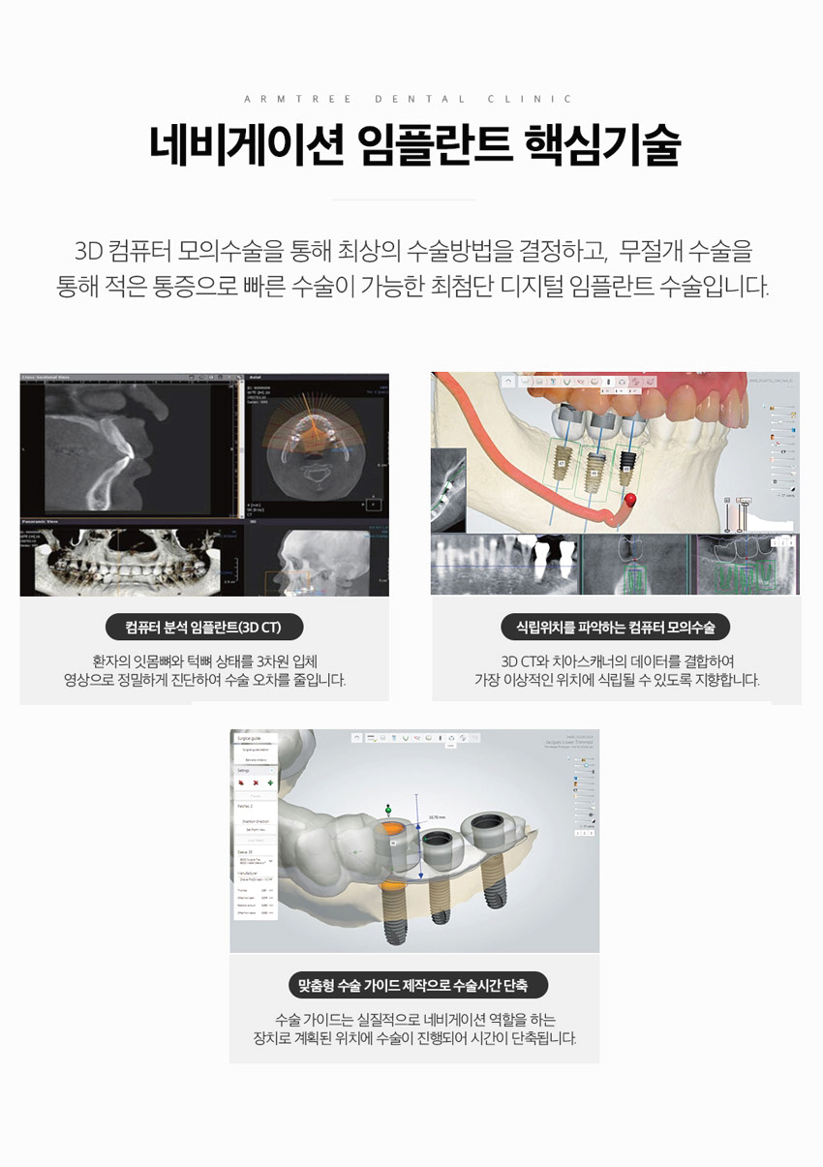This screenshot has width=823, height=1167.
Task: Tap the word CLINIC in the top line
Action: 531,99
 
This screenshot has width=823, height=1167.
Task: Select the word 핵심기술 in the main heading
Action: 601,146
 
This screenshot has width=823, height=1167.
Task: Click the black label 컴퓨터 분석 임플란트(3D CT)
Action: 203,628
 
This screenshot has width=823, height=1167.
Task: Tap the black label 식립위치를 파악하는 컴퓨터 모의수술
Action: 616,628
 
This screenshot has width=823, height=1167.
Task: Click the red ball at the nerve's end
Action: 629,500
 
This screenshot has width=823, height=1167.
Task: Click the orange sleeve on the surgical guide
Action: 390,830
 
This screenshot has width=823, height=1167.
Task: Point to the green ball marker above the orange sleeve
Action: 388,808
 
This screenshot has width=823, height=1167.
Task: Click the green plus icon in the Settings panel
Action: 270,782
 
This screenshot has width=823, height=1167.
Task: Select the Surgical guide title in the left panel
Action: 251,737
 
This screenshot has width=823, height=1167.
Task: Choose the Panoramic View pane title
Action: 43,521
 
